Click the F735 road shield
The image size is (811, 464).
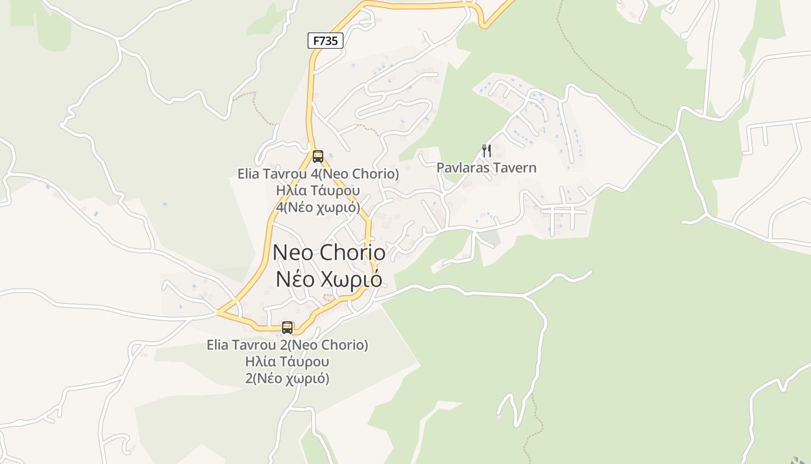325,41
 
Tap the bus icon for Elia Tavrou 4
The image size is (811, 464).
317,156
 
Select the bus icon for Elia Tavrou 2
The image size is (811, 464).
287,327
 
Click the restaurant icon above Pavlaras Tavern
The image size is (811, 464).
487,151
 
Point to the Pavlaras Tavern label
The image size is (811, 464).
486,168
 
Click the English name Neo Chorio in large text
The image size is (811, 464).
328,252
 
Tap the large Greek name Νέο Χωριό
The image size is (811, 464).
328,279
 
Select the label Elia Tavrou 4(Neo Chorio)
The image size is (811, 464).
318,173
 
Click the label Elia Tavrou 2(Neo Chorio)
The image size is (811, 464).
287,345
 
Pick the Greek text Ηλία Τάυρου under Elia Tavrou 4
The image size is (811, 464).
318,190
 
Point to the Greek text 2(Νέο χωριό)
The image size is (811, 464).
287,379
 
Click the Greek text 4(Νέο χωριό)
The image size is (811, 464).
318,207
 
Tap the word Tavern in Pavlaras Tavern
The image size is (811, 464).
517,168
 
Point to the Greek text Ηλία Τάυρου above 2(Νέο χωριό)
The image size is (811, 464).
287,362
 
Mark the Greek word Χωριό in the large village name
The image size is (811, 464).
352,279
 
